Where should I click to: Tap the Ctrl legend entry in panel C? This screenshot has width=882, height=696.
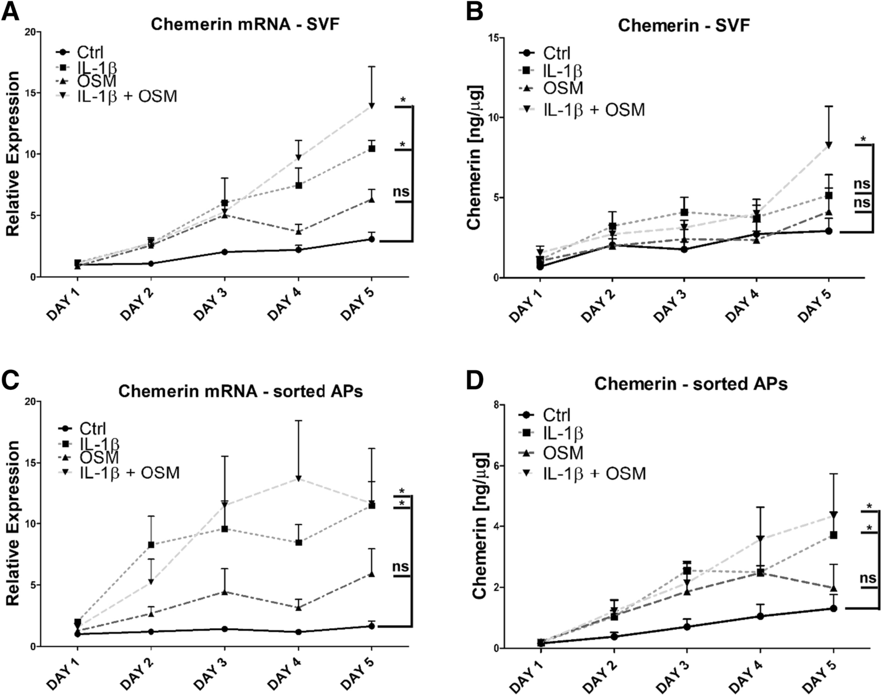[x=93, y=428]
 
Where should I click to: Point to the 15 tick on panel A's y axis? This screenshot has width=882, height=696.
[x=29, y=93]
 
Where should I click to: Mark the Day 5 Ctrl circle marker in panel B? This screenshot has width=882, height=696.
[x=828, y=231]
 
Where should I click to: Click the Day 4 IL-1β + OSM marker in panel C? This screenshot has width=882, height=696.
[x=298, y=479]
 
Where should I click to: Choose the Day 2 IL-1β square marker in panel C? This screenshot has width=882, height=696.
[x=151, y=545]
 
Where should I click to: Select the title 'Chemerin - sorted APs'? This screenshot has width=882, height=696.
[x=690, y=384]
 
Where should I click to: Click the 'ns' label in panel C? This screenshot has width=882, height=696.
[x=401, y=567]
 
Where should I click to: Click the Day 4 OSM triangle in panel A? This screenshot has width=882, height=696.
[x=298, y=231]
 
